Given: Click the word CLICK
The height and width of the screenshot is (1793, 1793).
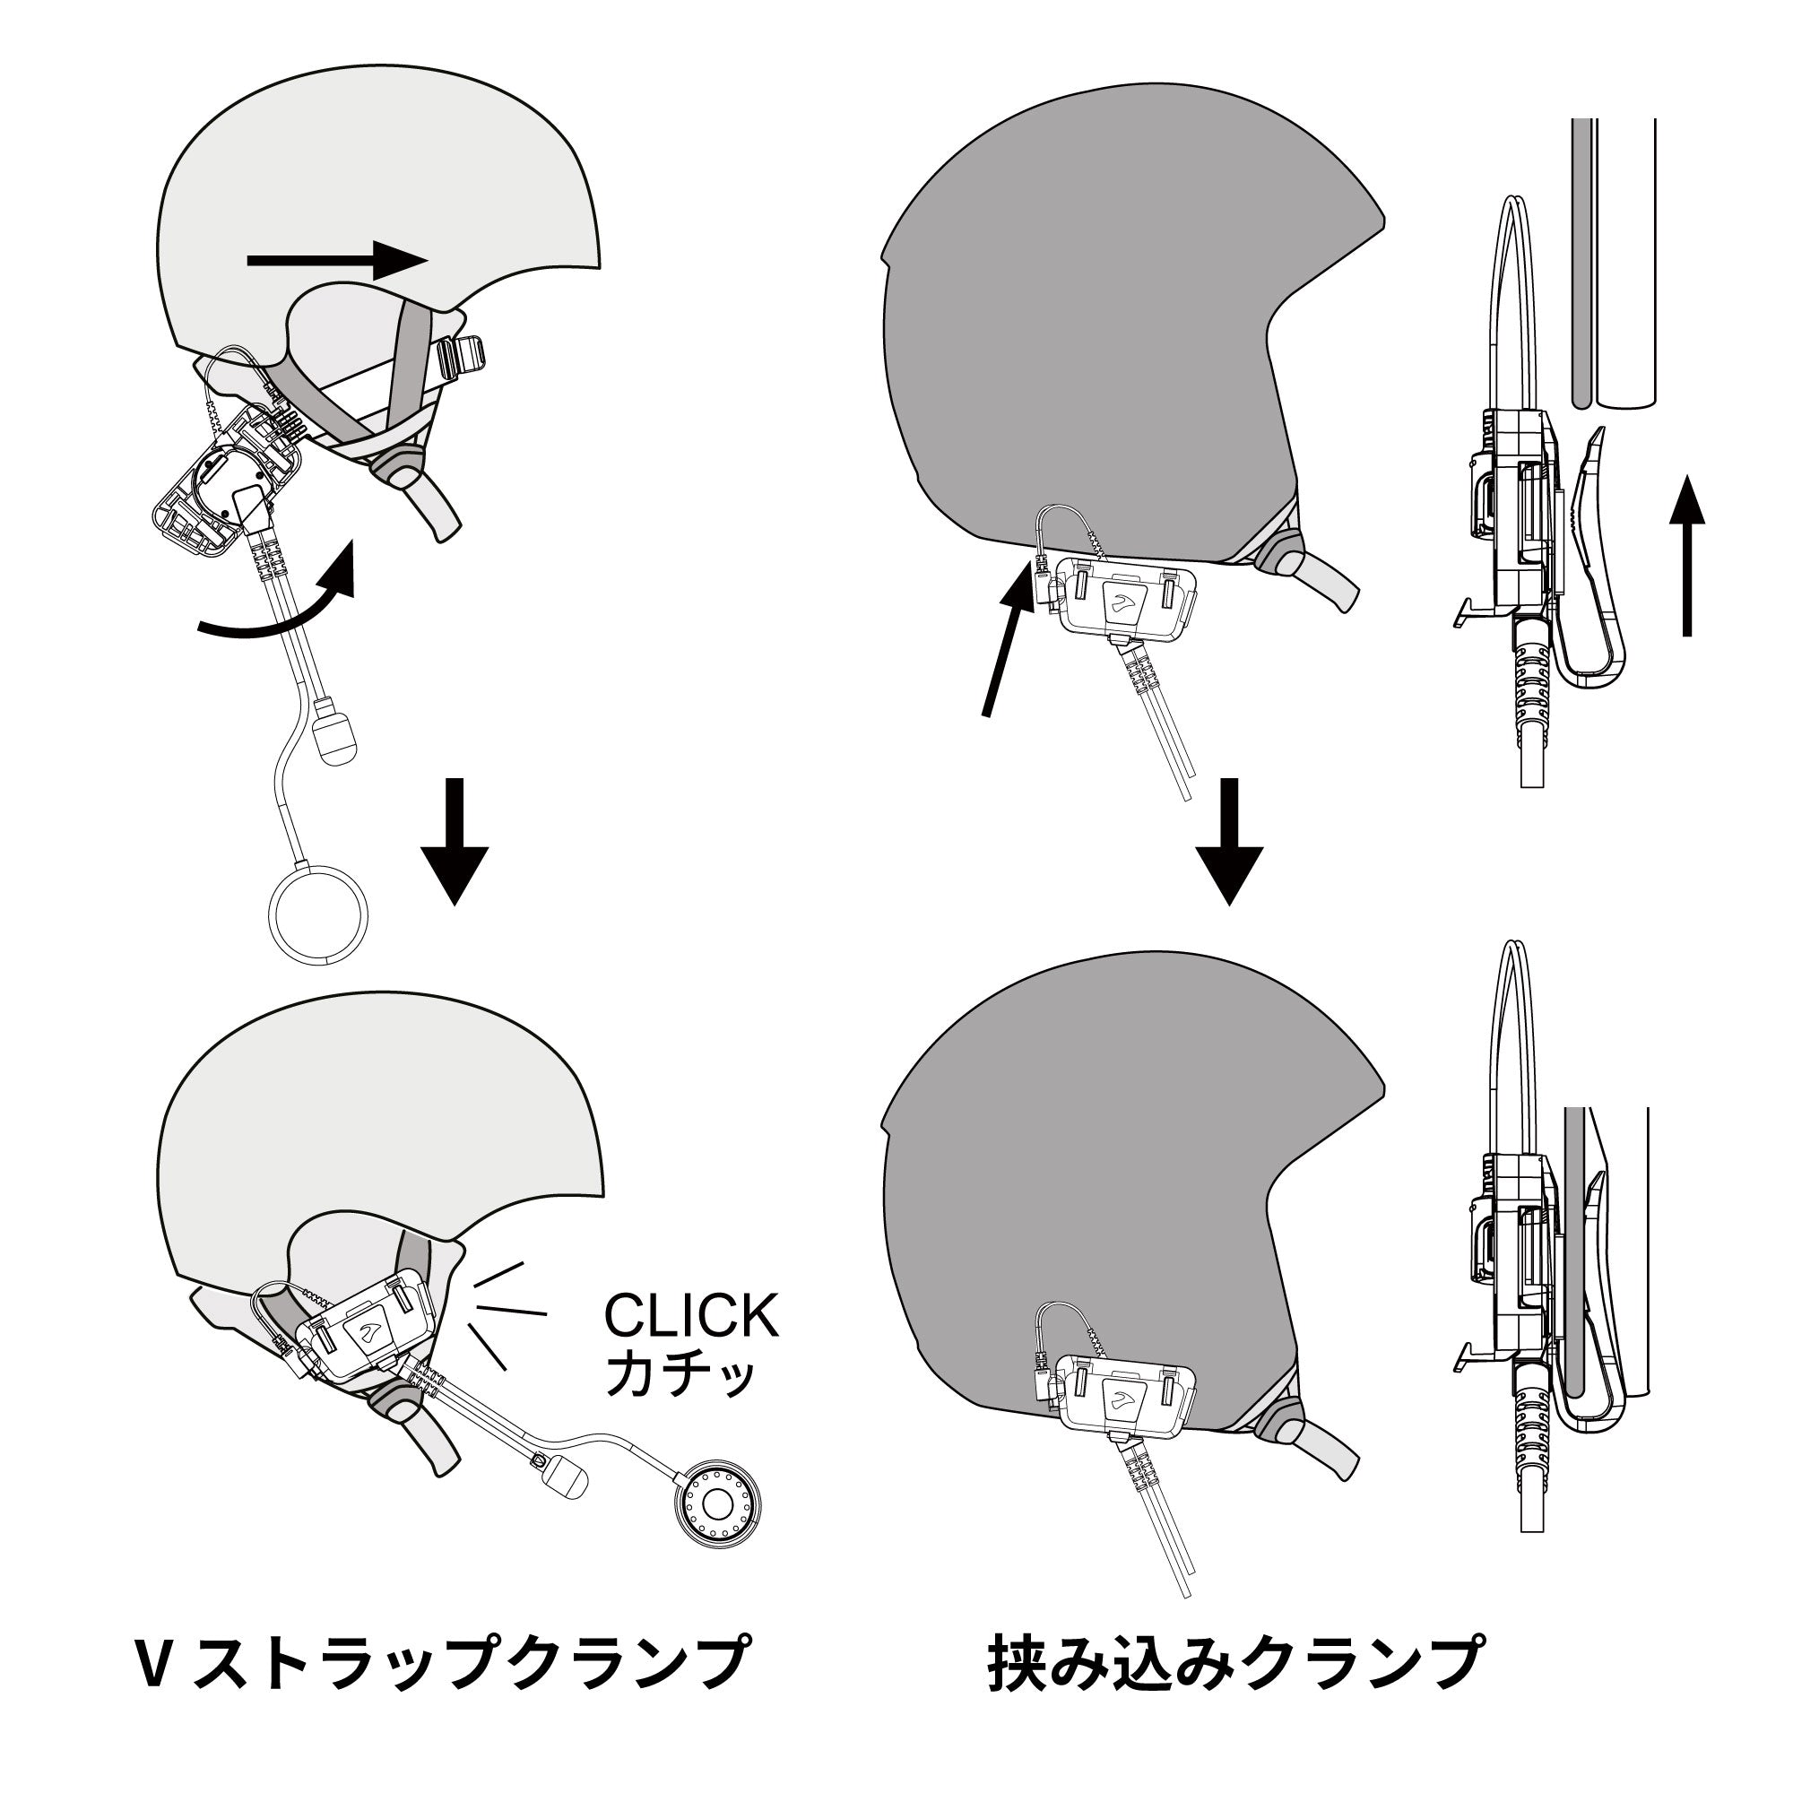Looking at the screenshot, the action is point(691,1315).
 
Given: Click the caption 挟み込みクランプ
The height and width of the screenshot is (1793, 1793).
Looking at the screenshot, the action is point(1235,1664).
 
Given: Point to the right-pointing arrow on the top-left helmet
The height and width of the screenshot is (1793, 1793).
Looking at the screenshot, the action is point(337,261).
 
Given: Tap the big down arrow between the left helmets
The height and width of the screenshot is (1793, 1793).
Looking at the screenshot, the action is point(454,842).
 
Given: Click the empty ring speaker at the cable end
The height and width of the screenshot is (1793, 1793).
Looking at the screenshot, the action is point(318,917).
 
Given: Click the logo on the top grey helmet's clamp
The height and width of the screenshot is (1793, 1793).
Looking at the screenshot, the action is point(1119,604).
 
